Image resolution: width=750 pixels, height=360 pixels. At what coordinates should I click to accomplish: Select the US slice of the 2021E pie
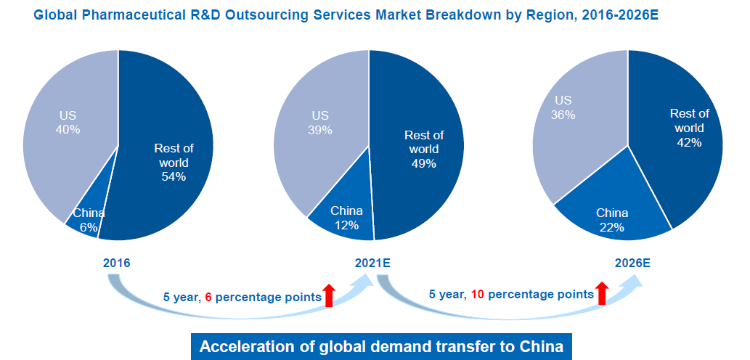click(319, 138)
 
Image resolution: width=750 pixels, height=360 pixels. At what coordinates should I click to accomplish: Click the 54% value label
click(174, 176)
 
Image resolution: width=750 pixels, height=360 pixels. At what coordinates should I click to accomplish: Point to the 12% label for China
click(346, 225)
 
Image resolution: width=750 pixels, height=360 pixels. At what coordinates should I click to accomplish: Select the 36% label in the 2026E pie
click(563, 115)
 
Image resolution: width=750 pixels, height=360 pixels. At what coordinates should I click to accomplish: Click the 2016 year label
click(117, 263)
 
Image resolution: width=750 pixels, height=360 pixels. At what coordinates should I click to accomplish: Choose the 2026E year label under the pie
click(631, 263)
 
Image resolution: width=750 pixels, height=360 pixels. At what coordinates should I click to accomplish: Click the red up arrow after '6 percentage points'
click(330, 295)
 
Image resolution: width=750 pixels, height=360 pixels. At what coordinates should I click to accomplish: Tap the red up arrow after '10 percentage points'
click(601, 292)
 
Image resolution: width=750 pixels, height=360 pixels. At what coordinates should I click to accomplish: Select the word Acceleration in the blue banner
click(244, 346)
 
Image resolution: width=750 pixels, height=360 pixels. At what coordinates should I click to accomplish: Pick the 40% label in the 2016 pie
click(68, 129)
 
